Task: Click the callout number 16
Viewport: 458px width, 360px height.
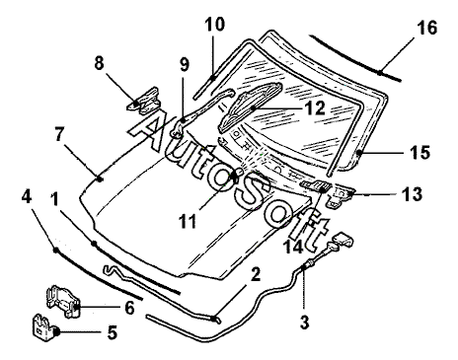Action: (x=427, y=28)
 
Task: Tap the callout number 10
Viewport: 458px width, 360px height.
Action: (x=214, y=24)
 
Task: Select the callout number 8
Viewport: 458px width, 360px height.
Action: (x=99, y=63)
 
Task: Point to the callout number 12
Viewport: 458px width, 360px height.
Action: (x=315, y=108)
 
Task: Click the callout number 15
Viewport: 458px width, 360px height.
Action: (x=420, y=152)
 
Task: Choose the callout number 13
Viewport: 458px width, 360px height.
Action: (x=412, y=194)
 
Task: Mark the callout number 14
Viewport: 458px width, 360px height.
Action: (x=293, y=247)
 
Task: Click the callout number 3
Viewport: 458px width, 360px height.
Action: (x=305, y=323)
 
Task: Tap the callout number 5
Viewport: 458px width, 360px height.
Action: (x=113, y=332)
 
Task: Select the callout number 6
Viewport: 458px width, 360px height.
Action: (x=129, y=308)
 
